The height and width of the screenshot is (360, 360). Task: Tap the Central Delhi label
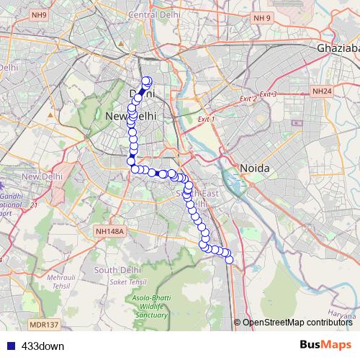coord(153,15)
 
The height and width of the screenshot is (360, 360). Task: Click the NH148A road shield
coord(109,231)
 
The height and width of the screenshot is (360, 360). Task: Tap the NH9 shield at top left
coord(39,15)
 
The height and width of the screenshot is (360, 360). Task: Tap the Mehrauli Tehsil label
coord(60,280)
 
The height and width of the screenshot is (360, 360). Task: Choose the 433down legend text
coord(43,346)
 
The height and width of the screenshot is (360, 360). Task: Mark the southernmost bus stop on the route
coord(230,260)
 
